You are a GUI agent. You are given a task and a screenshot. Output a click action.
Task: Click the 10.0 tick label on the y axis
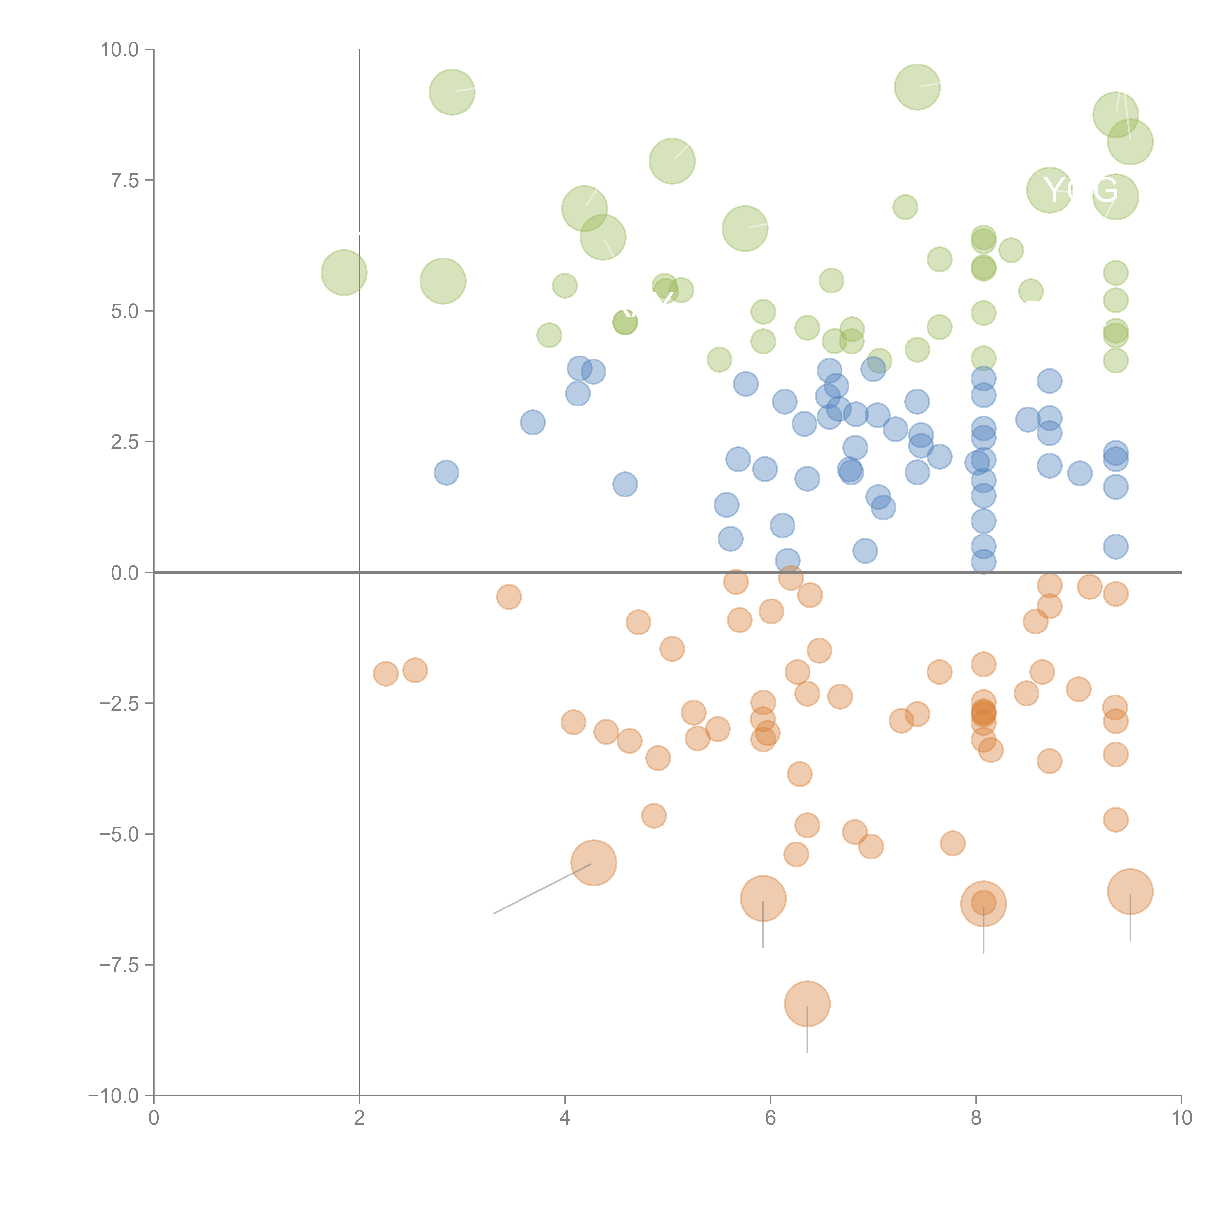(x=120, y=50)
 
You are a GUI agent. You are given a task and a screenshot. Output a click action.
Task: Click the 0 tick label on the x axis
(x=154, y=1118)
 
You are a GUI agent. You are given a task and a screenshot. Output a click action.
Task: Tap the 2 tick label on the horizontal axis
(x=359, y=1118)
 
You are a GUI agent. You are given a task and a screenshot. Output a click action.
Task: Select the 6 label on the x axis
(x=770, y=1118)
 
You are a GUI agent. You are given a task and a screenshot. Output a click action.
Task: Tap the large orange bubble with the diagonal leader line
(x=594, y=863)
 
